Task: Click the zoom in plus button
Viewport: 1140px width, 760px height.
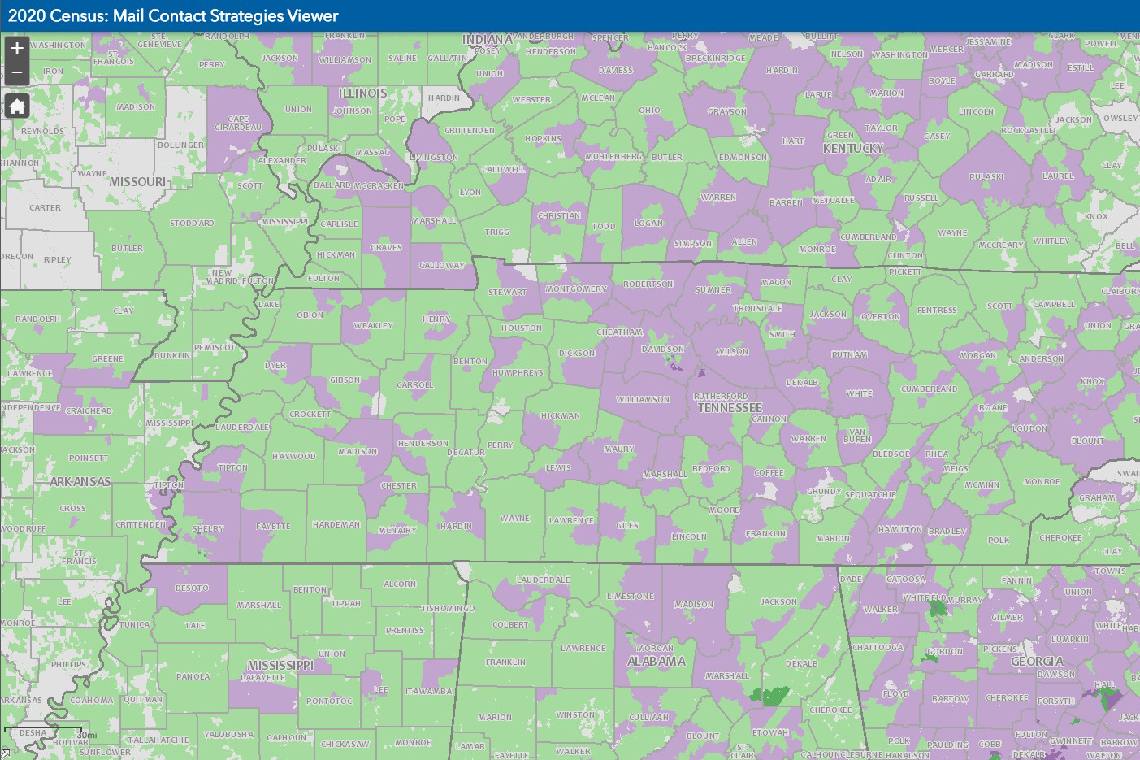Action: coord(16,48)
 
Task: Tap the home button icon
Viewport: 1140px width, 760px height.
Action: coord(16,106)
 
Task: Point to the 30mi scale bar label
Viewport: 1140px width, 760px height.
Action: coord(86,735)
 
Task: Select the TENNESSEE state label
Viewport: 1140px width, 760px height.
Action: coord(730,407)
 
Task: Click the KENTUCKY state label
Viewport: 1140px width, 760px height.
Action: coord(852,148)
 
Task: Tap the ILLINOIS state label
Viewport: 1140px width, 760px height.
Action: coord(362,93)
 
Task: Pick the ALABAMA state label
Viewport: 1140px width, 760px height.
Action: coord(656,662)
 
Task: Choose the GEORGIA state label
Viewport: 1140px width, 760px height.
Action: coord(1037,662)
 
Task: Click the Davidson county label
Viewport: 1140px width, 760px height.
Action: coord(662,349)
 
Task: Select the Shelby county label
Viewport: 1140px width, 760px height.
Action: coord(208,528)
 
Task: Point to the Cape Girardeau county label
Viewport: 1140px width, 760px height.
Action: coord(238,123)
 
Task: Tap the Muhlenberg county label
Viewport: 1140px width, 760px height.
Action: coord(613,156)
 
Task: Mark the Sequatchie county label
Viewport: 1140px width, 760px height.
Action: coord(870,494)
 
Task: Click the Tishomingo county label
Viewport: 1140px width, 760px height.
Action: coord(448,608)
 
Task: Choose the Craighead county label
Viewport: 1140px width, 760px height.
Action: coord(89,410)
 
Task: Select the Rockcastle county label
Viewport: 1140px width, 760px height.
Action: coord(1028,130)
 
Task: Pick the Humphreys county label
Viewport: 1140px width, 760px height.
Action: coord(517,372)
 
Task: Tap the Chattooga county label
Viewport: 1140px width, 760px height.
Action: coord(878,648)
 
